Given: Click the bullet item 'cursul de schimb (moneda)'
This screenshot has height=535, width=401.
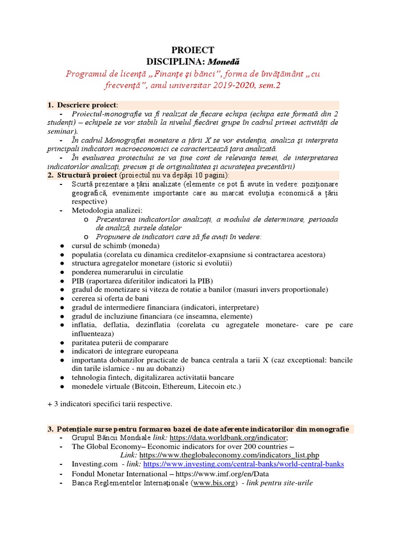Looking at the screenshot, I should coord(116,246).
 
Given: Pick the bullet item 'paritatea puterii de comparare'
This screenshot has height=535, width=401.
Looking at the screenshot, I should coord(120,343).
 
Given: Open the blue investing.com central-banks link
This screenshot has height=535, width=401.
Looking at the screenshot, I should coord(244,464).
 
